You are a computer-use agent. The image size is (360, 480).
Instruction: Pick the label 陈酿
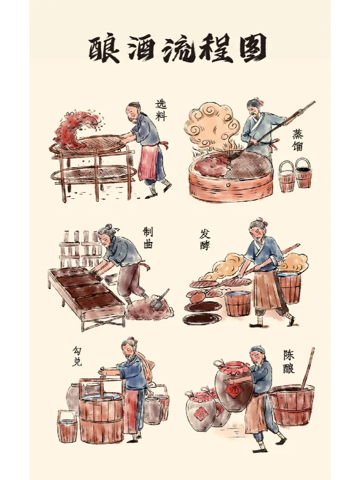pyautogui.click(x=289, y=363)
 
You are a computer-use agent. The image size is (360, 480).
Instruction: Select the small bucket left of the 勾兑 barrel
pyautogui.click(x=67, y=426)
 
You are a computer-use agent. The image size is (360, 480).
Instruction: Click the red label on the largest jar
pyautogui.click(x=233, y=390)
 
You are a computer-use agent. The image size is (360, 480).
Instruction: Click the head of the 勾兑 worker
pyautogui.click(x=130, y=346)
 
